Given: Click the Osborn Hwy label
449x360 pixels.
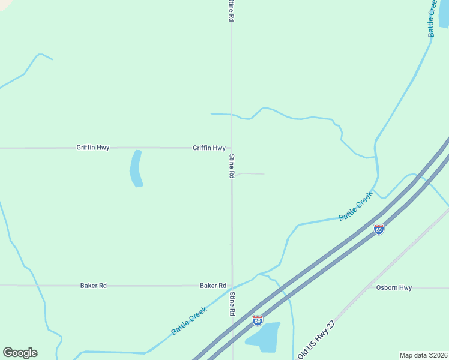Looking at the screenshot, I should click(x=394, y=288).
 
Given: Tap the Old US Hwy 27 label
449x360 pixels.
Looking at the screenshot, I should click(x=316, y=339).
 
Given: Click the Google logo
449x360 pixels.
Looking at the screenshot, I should click(x=20, y=353).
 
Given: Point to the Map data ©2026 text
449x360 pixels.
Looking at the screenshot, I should click(x=424, y=355).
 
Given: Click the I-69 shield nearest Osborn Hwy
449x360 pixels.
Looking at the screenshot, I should click(x=378, y=229).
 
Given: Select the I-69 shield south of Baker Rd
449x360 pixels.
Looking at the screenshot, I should click(x=258, y=320).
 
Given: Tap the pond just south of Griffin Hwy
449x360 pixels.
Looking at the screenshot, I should click(x=136, y=168).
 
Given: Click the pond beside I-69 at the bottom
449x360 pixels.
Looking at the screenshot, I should click(x=264, y=337).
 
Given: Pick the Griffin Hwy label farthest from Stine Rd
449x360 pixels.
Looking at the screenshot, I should click(x=93, y=148).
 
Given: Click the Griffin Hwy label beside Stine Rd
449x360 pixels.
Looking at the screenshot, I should click(x=209, y=148).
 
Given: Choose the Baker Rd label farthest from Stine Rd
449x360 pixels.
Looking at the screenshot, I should click(x=93, y=286).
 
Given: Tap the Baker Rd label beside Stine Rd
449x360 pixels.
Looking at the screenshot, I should click(x=213, y=286).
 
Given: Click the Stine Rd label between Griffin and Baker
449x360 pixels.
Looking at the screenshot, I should click(x=232, y=166).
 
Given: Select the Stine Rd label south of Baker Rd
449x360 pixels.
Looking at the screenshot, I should click(x=232, y=304).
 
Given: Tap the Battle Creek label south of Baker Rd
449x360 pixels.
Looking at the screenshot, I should click(x=189, y=320).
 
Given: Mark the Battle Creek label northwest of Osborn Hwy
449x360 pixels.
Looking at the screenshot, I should click(x=355, y=206).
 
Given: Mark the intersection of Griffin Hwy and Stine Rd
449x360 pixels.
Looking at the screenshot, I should click(x=232, y=148).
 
